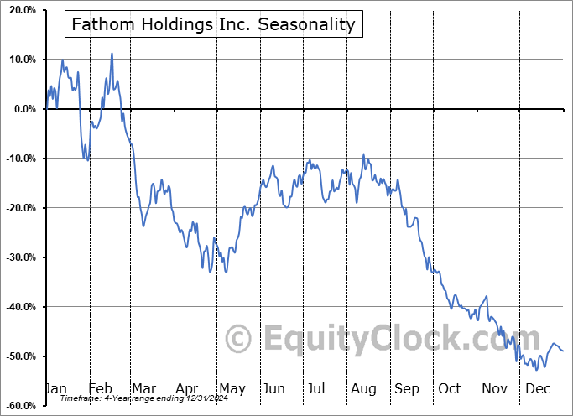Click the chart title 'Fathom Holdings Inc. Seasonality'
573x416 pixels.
click(213, 24)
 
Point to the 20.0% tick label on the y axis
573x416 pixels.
click(18, 10)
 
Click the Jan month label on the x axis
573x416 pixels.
click(55, 389)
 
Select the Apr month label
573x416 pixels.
click(186, 389)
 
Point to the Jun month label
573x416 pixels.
click(273, 389)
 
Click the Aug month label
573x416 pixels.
click(363, 389)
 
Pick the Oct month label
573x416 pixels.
click(450, 389)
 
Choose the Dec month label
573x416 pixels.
click(537, 389)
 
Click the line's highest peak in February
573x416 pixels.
click(112, 54)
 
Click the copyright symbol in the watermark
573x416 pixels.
click(239, 339)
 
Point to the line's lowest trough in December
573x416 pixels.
click(536, 369)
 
